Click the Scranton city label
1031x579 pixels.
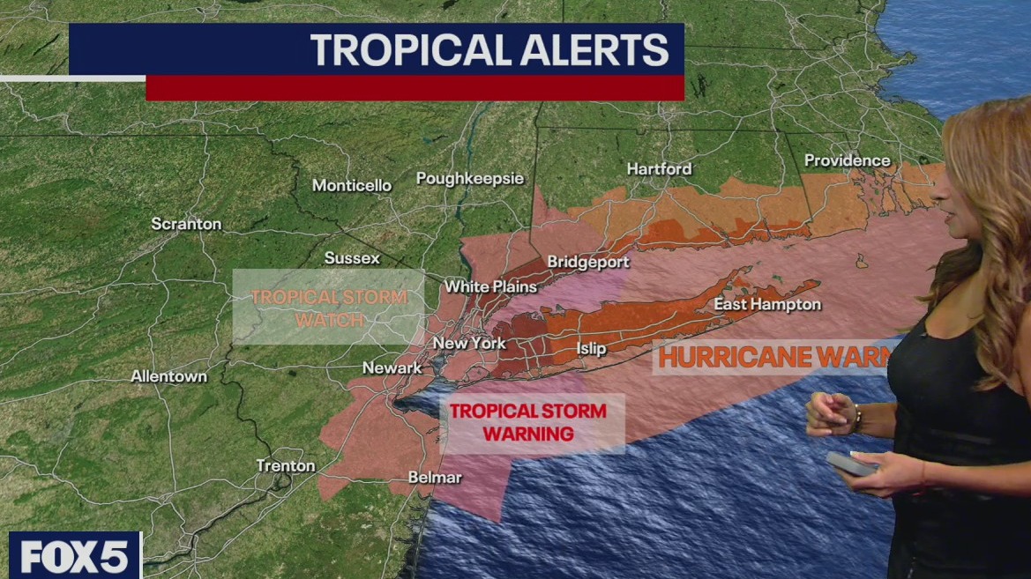tap(186, 224)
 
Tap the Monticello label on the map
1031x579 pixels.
tap(352, 185)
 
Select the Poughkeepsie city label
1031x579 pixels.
tap(470, 179)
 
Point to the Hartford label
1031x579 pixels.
tap(659, 168)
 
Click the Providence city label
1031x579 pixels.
tap(847, 160)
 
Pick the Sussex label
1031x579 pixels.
tap(352, 258)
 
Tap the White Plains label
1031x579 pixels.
tap(490, 286)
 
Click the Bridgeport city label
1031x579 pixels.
tap(588, 262)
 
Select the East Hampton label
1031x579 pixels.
tap(767, 304)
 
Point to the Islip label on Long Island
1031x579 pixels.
tap(591, 348)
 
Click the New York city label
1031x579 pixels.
tap(469, 343)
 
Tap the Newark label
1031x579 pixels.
tap(392, 367)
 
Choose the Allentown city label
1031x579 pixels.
tap(169, 376)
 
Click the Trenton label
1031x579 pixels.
tap(285, 465)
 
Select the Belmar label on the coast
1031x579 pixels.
tap(435, 477)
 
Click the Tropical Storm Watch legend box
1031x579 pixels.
tap(328, 307)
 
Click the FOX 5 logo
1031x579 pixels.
tap(74, 556)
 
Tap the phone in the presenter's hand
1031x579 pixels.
tap(850, 464)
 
